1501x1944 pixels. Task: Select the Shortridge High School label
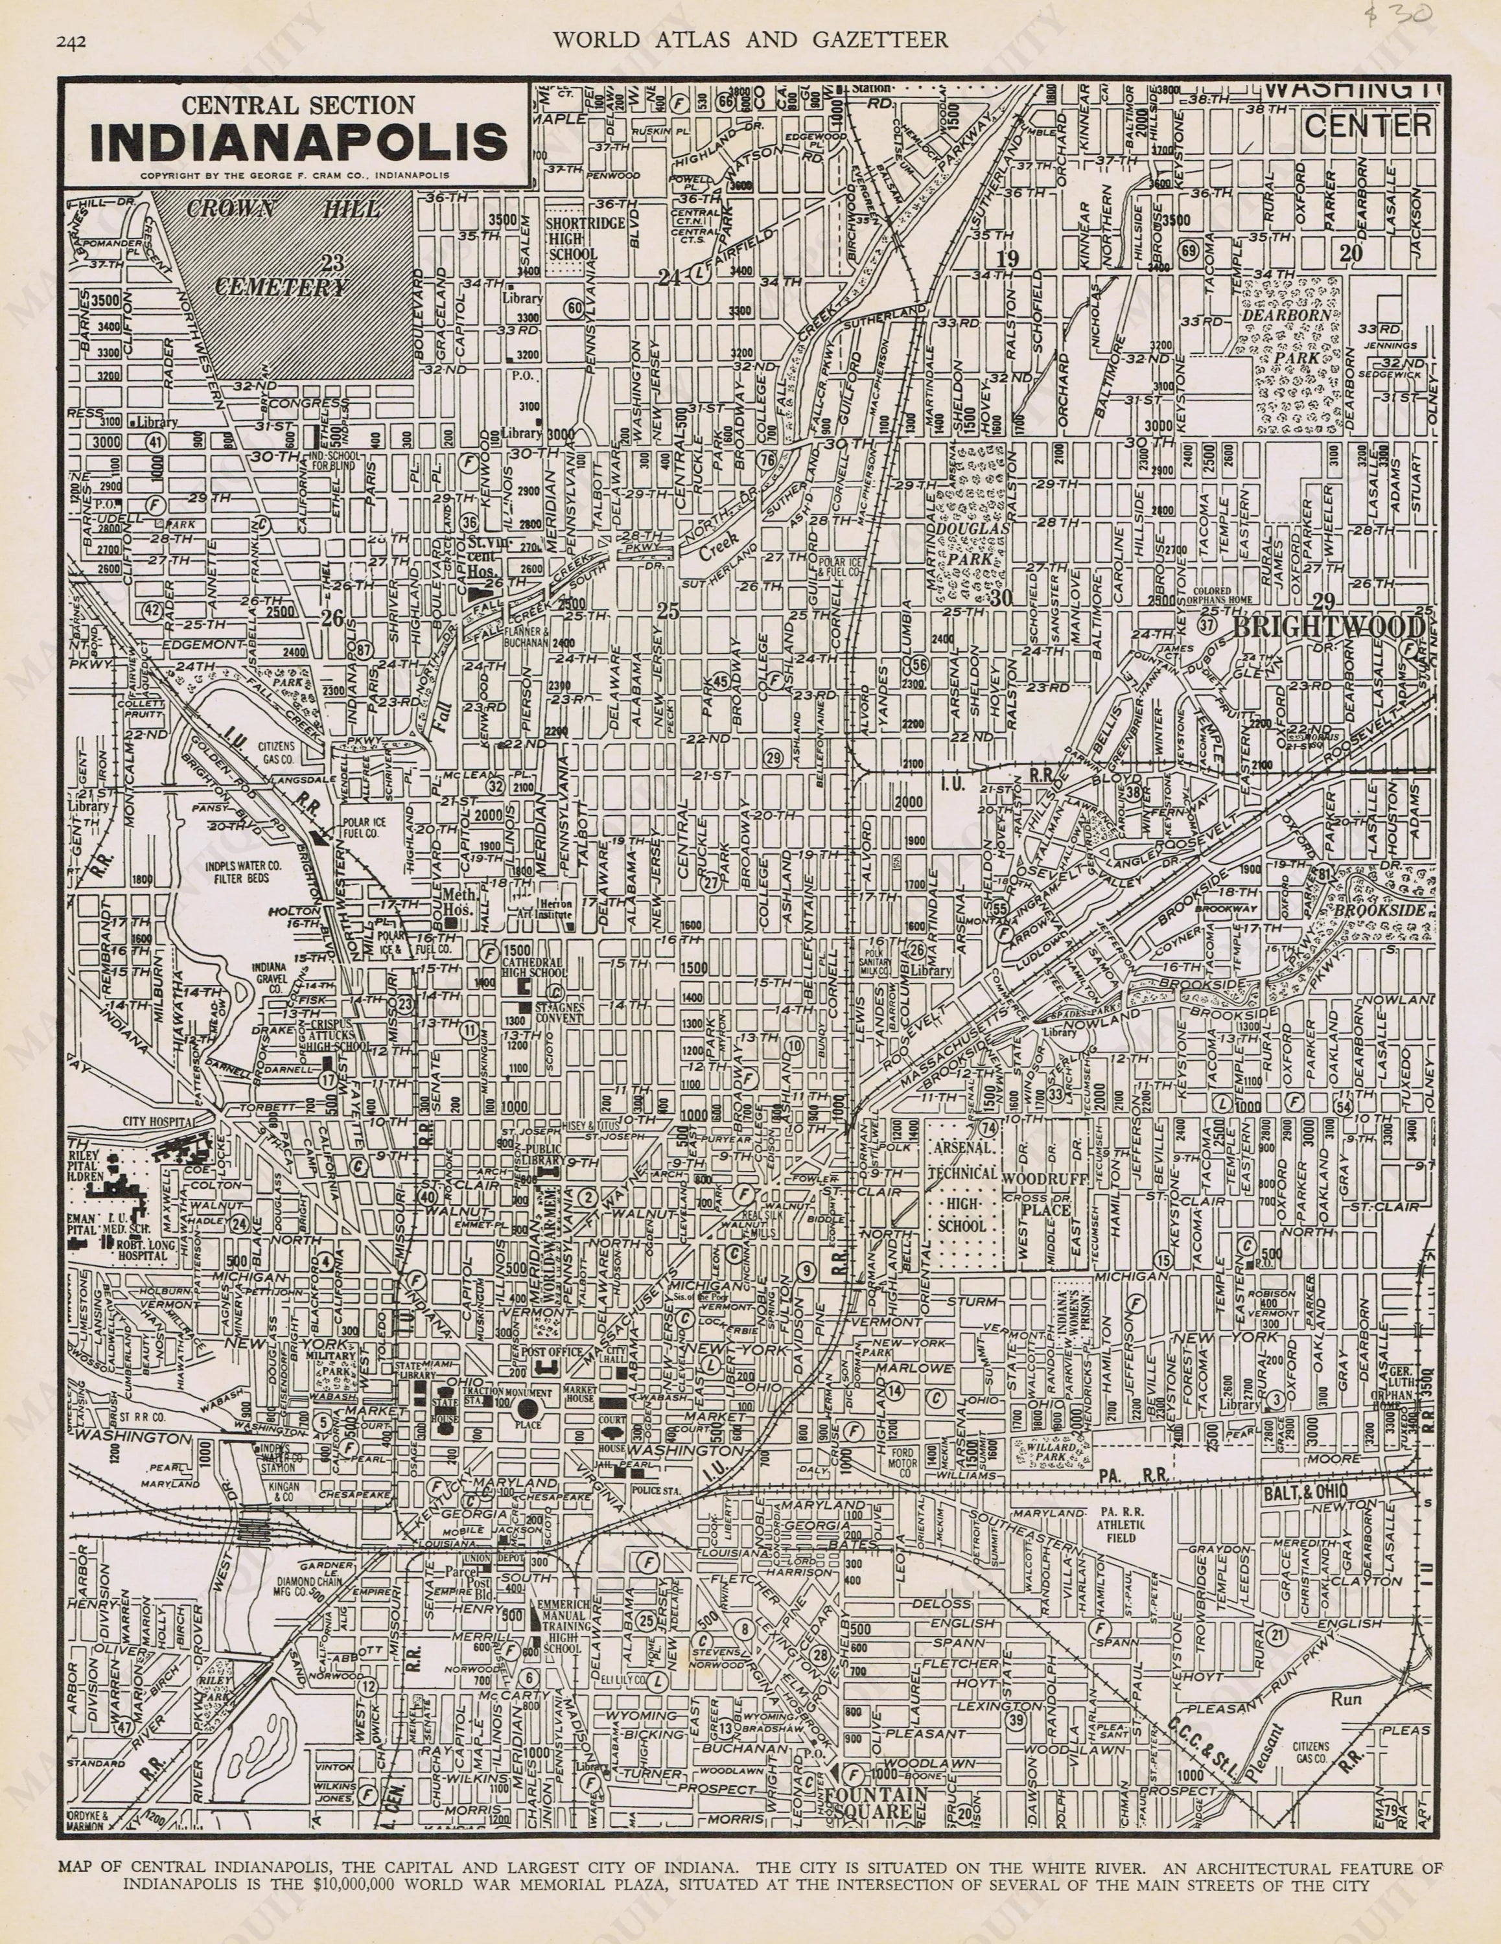[574, 238]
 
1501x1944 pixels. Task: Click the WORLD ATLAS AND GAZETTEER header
[750, 39]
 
